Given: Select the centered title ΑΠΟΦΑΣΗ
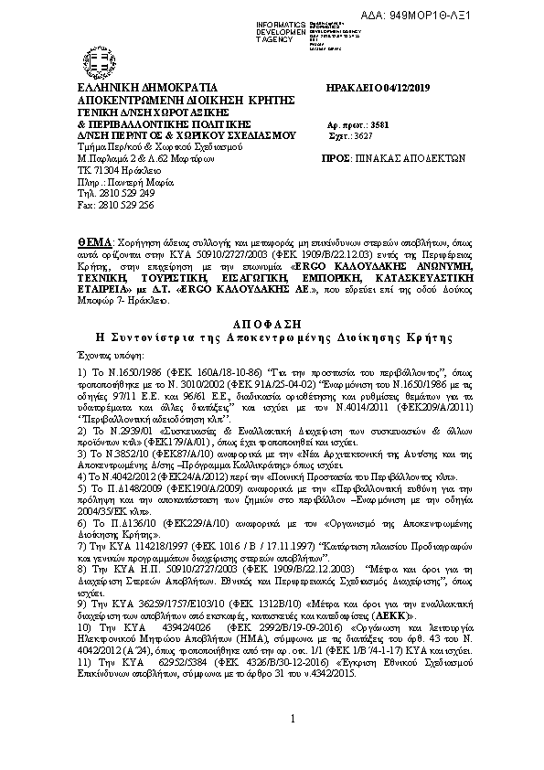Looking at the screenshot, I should click(x=271, y=323).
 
